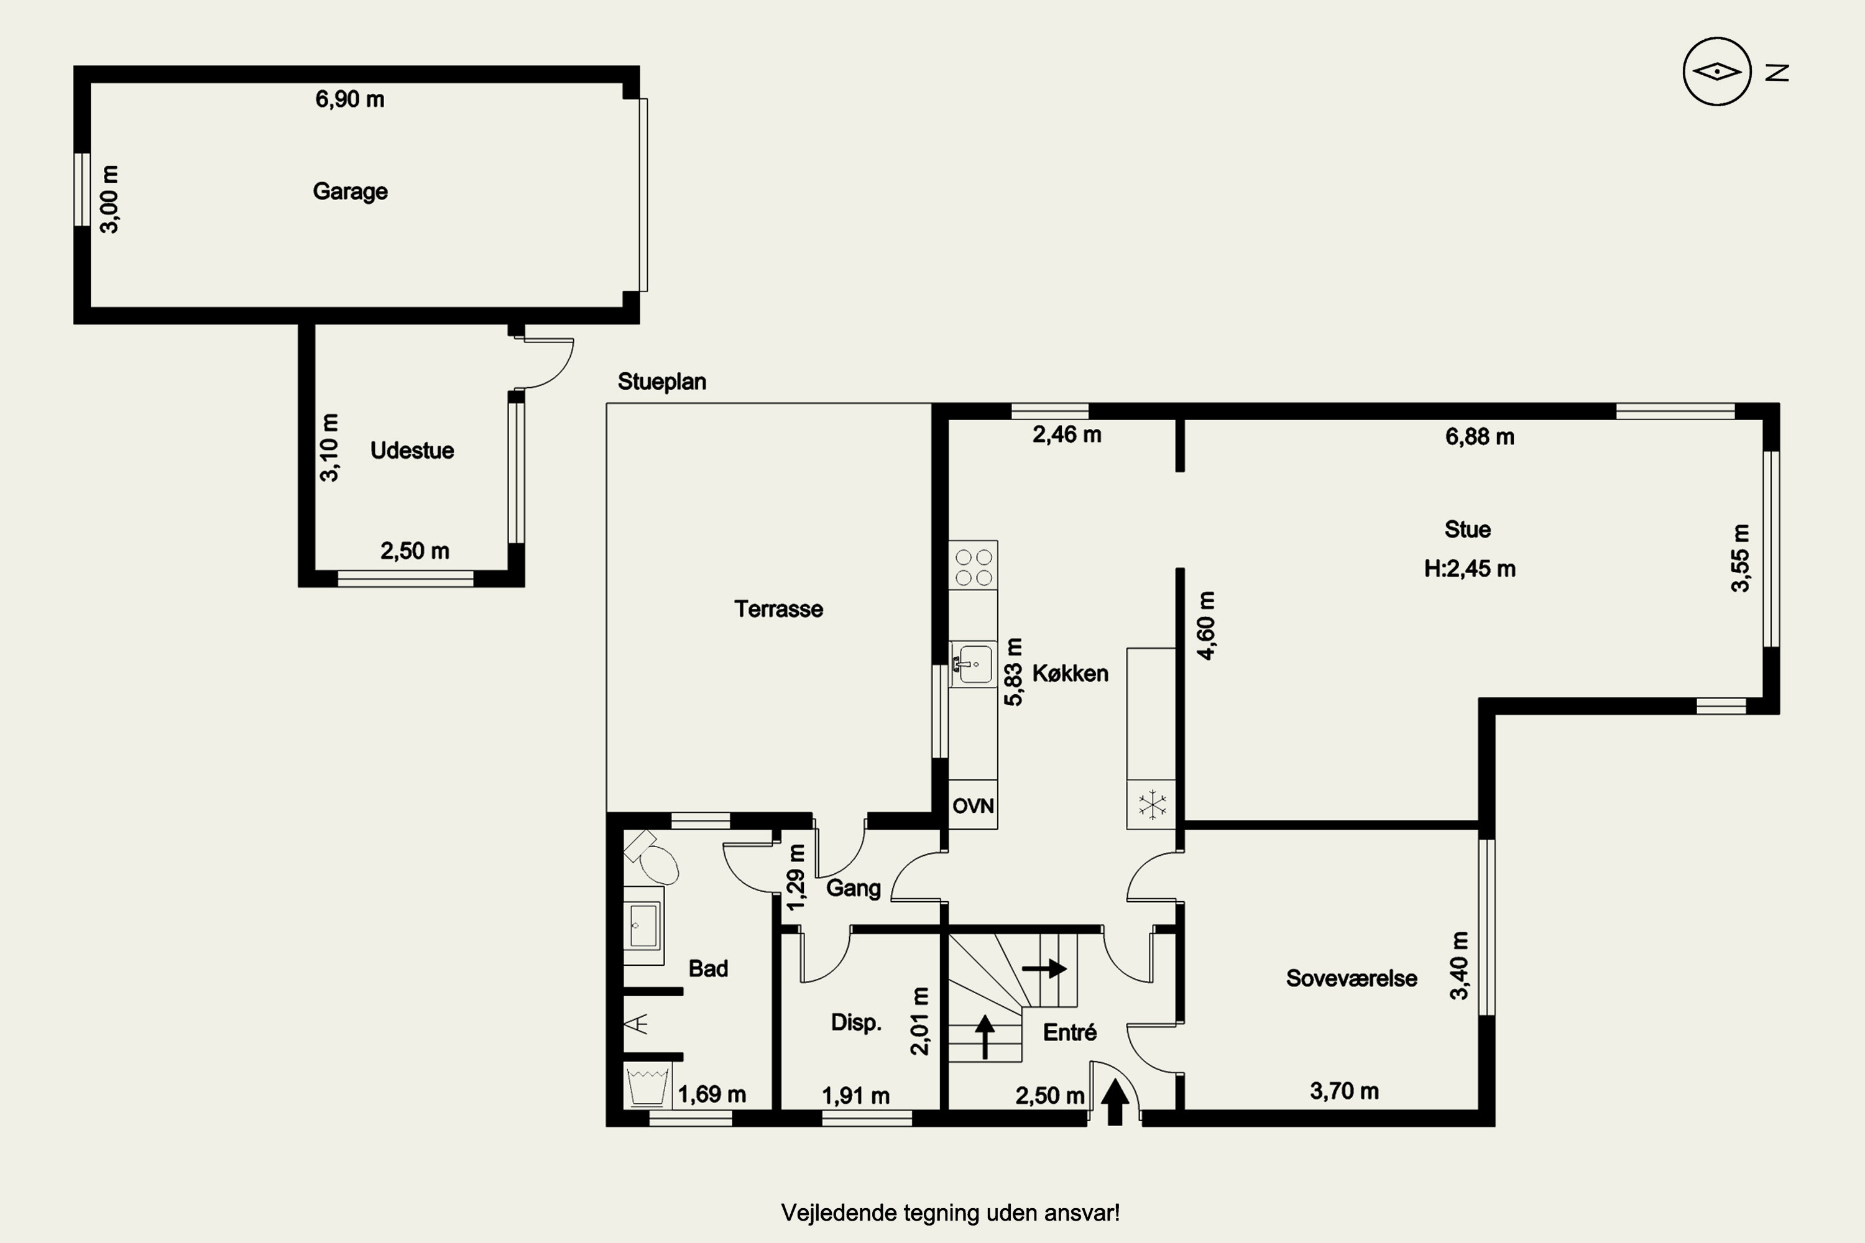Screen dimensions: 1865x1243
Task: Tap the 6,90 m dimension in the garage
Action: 349,99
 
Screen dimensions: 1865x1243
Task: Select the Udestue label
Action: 412,450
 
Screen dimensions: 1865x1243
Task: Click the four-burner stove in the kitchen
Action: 973,566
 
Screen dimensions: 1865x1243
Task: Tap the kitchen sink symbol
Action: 974,664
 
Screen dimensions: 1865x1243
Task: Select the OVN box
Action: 973,805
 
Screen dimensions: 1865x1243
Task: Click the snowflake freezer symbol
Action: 1151,805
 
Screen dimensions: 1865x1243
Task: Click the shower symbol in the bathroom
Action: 637,1024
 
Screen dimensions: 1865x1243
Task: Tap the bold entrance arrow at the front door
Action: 1115,1102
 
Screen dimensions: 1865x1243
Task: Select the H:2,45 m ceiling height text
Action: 1470,569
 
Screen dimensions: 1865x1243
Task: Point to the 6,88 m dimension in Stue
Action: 1480,437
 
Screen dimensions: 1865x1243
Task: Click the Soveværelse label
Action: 1351,978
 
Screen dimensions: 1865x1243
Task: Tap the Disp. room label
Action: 857,1022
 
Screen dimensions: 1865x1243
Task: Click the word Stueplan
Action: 662,382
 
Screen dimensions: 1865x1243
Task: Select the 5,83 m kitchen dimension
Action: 1013,671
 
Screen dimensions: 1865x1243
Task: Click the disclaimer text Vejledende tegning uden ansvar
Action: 950,1213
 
